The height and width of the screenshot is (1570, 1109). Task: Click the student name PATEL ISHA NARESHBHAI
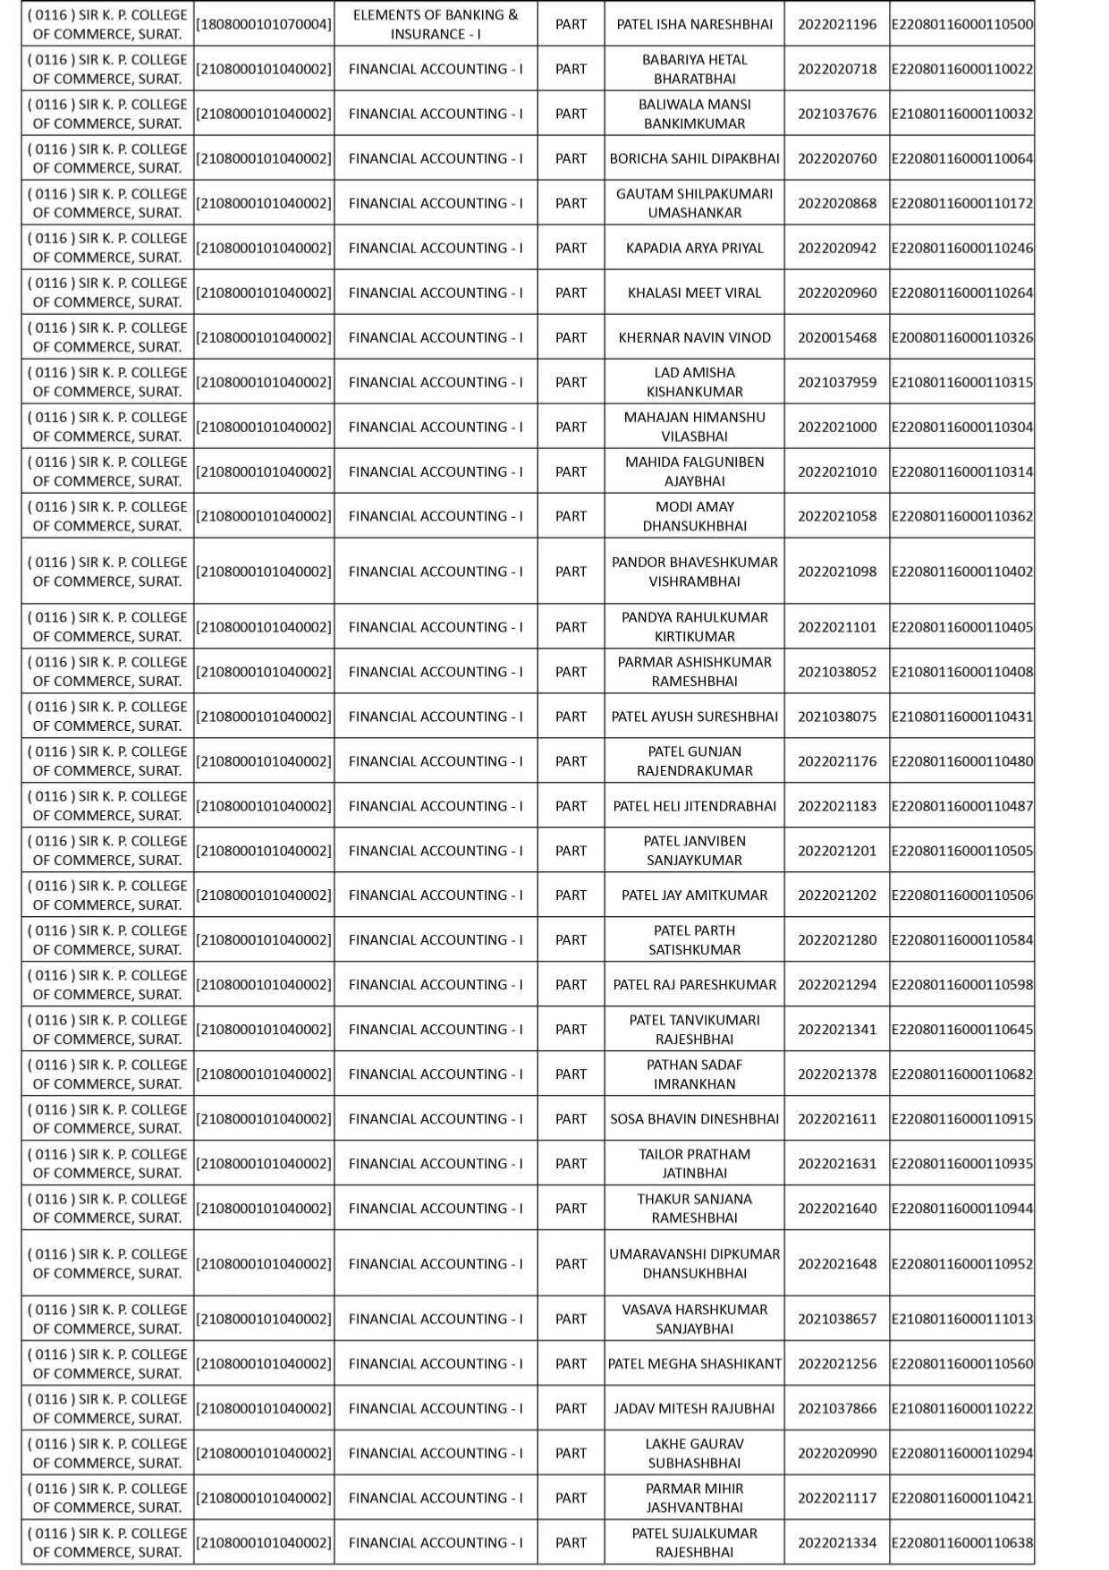tap(694, 24)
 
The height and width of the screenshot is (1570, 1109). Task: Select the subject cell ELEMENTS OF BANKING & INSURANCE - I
tap(435, 24)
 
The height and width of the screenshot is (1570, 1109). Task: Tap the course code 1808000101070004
tap(264, 24)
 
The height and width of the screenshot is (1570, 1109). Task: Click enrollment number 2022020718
tap(836, 69)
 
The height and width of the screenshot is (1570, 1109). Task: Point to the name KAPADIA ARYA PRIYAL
tap(694, 248)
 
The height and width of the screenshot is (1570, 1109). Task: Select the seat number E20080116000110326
tap(961, 337)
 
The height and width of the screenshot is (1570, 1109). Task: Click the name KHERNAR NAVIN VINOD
tap(694, 337)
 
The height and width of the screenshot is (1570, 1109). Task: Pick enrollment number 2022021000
tap(836, 427)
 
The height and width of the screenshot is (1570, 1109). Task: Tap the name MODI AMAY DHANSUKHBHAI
tap(694, 516)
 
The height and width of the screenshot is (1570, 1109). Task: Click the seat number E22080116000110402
tap(961, 572)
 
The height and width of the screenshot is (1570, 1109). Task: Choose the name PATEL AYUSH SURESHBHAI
tap(694, 717)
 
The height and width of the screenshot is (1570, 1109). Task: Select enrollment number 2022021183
tap(836, 806)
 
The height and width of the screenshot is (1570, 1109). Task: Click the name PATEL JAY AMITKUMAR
tap(694, 895)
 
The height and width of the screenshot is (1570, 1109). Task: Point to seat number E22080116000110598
tap(961, 985)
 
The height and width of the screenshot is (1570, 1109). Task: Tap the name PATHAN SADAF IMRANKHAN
tap(694, 1074)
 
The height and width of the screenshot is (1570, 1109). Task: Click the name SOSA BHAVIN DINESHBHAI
tap(694, 1119)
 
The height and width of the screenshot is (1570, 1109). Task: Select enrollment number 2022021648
tap(836, 1264)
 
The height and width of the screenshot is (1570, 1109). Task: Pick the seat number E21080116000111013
tap(961, 1320)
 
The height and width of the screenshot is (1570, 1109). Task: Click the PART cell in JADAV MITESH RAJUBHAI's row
tap(571, 1409)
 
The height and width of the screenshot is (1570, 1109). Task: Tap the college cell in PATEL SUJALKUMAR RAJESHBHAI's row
tap(107, 1543)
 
